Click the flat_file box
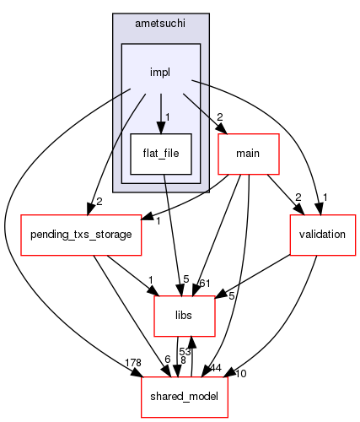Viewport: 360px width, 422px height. [161, 154]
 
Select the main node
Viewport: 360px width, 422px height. [249, 154]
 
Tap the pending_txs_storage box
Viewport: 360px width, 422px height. [81, 235]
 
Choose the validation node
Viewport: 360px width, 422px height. [323, 235]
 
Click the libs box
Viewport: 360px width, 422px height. [185, 316]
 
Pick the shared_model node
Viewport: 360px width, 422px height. [185, 397]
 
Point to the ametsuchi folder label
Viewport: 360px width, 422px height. [160, 24]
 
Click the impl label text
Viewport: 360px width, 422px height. [160, 73]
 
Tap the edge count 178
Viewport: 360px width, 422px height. [133, 363]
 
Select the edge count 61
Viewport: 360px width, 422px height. [205, 284]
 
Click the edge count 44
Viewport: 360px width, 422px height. [216, 367]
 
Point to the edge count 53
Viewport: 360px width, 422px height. [185, 352]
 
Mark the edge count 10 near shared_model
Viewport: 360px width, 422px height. [241, 374]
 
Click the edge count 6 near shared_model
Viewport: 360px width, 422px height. [168, 359]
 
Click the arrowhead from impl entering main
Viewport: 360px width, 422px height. [222, 129]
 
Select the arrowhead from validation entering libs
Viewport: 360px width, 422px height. [221, 294]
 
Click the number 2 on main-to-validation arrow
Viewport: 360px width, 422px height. [298, 197]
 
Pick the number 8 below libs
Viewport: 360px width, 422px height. [183, 360]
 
